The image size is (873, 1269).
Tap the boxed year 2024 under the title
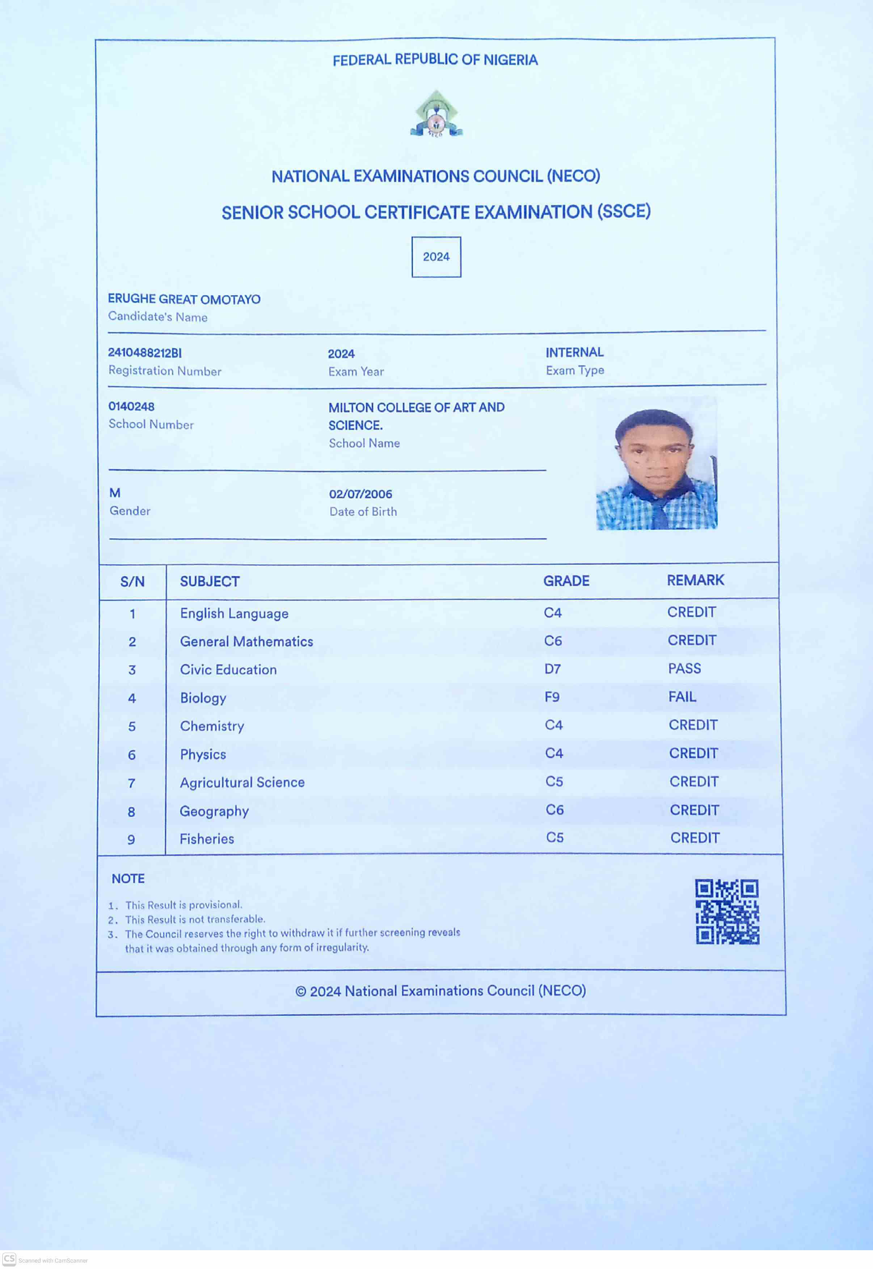(436, 257)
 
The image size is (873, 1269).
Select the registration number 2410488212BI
(144, 353)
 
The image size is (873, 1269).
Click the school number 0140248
(131, 406)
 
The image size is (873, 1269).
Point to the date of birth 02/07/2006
(360, 494)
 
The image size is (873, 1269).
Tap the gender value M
(115, 493)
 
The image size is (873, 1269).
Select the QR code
(727, 912)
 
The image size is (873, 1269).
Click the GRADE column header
(566, 581)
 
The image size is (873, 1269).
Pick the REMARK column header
(695, 580)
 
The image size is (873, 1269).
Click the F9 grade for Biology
(552, 697)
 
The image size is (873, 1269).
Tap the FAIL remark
(682, 697)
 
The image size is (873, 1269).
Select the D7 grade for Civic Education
(552, 669)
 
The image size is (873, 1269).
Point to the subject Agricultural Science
(242, 783)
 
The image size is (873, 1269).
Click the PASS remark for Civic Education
(684, 669)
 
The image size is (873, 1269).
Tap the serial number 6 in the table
(132, 755)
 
